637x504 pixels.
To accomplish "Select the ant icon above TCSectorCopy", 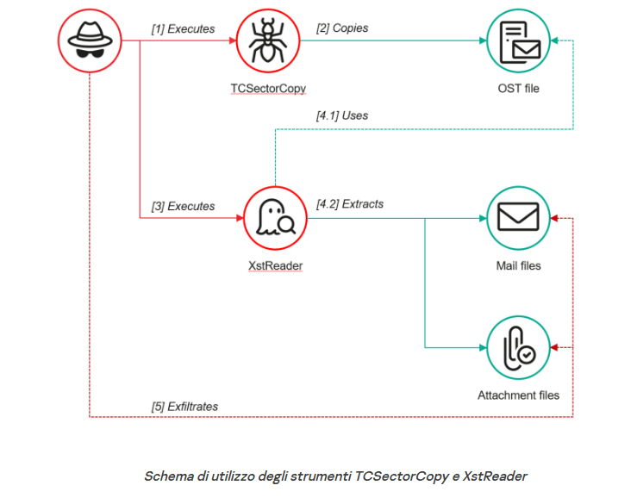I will pyautogui.click(x=268, y=41).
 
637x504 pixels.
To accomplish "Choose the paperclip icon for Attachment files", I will pyautogui.click(x=518, y=347).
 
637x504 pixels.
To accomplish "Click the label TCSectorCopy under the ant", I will pyautogui.click(x=268, y=88).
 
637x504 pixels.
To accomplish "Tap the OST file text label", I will pyautogui.click(x=518, y=88).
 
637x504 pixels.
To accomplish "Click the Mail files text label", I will pyautogui.click(x=518, y=265).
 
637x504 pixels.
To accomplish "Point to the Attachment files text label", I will pyautogui.click(x=518, y=395).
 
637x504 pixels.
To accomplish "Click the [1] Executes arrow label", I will pyautogui.click(x=183, y=28).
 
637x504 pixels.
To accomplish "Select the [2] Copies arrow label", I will pyautogui.click(x=343, y=28).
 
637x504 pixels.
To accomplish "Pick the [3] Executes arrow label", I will pyautogui.click(x=183, y=206).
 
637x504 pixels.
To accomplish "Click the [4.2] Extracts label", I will pyautogui.click(x=350, y=204).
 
